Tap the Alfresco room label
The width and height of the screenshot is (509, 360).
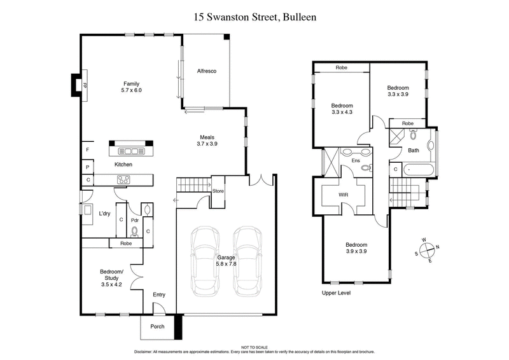[207, 71]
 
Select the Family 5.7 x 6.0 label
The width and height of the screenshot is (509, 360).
[131, 87]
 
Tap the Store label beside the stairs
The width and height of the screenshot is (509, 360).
[218, 190]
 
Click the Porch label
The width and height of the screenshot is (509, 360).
[157, 326]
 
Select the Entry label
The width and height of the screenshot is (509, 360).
[159, 294]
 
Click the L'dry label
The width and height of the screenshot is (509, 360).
[105, 214]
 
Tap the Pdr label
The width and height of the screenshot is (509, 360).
[134, 220]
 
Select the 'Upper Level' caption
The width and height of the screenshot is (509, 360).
[337, 293]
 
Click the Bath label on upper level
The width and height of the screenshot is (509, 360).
[414, 151]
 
